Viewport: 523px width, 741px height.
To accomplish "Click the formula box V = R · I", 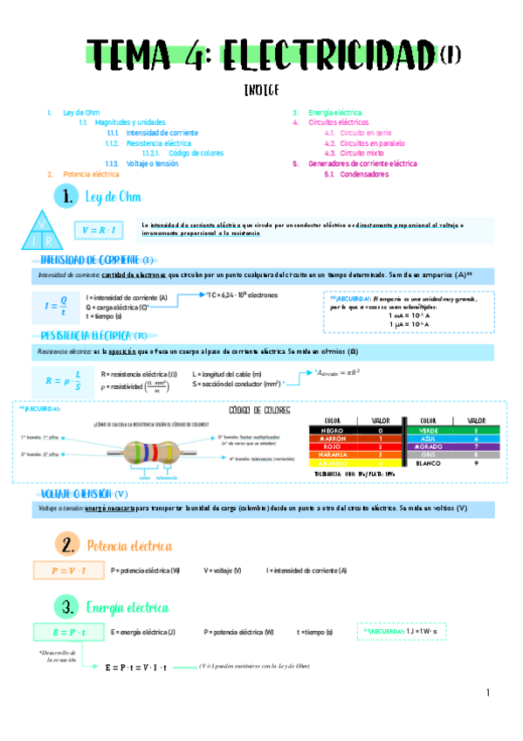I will (99, 231).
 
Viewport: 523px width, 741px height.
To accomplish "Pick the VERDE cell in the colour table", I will (428, 431).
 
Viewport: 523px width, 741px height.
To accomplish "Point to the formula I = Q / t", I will (55, 306).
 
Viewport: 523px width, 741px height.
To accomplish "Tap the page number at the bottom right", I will (489, 693).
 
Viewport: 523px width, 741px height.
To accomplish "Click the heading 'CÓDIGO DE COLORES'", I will (259, 410).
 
